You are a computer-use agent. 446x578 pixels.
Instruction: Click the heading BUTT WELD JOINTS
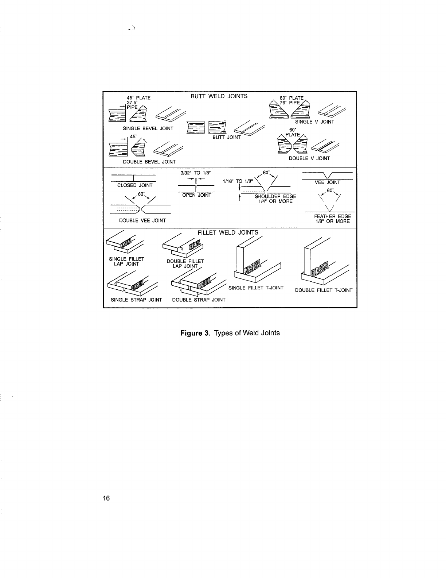[x=219, y=96]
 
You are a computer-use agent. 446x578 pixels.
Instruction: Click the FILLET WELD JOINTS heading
[x=228, y=232]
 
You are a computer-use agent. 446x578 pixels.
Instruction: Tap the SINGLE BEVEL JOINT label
[x=148, y=128]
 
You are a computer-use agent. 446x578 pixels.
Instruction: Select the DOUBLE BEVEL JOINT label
[x=149, y=162]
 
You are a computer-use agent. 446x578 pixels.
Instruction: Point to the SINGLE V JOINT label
[x=314, y=122]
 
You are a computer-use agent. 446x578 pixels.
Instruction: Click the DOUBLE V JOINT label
[x=309, y=158]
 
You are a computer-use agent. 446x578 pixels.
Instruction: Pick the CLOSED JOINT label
[x=135, y=185]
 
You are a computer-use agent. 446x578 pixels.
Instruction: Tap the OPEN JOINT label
[x=197, y=195]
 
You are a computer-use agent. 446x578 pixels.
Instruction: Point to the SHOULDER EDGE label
[x=275, y=197]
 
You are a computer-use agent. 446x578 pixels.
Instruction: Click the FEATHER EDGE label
[x=332, y=216]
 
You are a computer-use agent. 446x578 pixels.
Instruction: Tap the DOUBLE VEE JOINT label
[x=142, y=220]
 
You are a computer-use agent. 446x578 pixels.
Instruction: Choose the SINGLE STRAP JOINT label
[x=136, y=300]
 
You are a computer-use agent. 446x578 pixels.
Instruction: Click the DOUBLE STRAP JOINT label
[x=199, y=300]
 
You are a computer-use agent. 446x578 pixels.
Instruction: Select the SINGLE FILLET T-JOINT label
[x=256, y=288]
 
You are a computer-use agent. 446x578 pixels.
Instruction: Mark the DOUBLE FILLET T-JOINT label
[x=324, y=290]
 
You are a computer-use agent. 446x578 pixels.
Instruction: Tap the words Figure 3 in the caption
[x=196, y=333]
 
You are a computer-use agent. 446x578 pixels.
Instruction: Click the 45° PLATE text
[x=138, y=98]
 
